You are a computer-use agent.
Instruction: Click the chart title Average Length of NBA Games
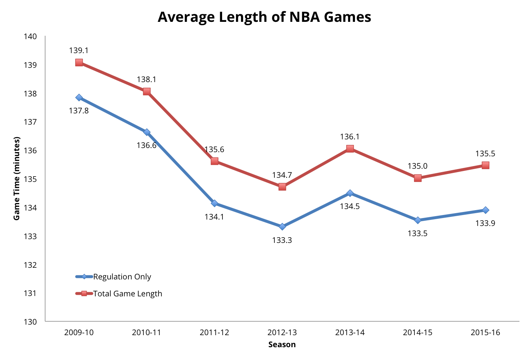[264, 17]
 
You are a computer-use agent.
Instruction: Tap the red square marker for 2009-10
[79, 63]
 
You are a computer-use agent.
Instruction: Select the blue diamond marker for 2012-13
[282, 226]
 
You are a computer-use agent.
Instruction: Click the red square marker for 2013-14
[350, 149]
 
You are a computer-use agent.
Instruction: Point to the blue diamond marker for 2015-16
[486, 210]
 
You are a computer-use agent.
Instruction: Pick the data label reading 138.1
[146, 79]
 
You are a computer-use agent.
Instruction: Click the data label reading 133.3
[282, 240]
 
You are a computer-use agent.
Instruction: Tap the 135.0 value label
[417, 166]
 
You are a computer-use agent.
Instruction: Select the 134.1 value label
[214, 217]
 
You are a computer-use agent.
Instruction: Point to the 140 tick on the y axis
[30, 37]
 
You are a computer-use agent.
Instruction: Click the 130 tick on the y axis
[30, 322]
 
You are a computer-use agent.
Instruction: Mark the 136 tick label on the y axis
[30, 151]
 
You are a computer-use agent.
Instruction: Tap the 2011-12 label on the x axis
[214, 333]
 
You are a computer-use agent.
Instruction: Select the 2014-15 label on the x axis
[417, 333]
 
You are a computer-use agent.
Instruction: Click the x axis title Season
[282, 345]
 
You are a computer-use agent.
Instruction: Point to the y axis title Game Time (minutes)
[17, 178]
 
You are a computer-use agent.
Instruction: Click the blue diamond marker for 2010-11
[147, 132]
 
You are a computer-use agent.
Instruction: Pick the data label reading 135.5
[485, 154]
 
